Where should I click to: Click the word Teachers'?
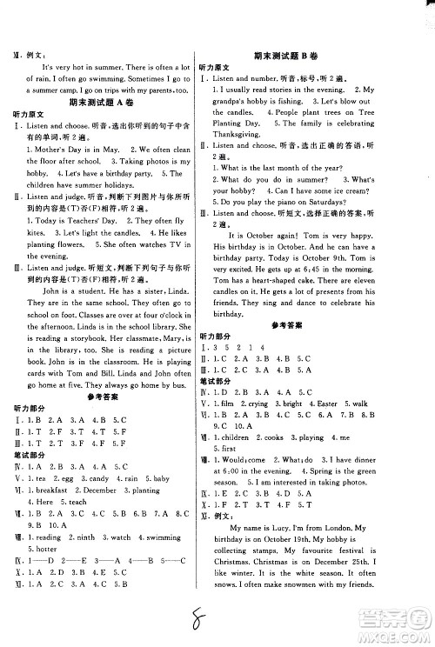[x=95, y=221]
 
